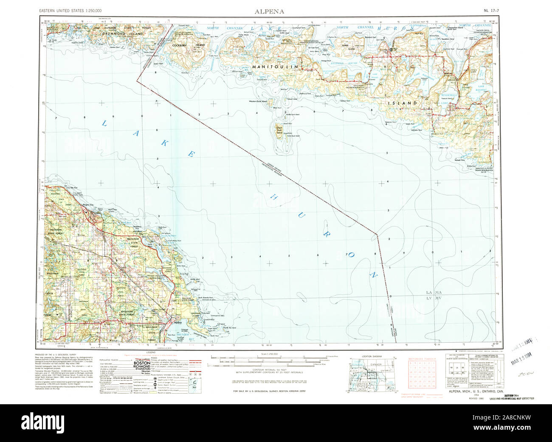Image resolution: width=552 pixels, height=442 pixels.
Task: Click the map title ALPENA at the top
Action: (x=270, y=11)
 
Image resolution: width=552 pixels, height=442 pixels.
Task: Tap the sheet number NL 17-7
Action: (x=491, y=10)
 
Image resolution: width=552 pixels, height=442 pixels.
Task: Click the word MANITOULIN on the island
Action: (x=276, y=67)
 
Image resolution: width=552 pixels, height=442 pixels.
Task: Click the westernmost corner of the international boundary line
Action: (x=137, y=79)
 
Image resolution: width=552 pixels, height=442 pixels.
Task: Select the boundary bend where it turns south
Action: (x=377, y=234)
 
